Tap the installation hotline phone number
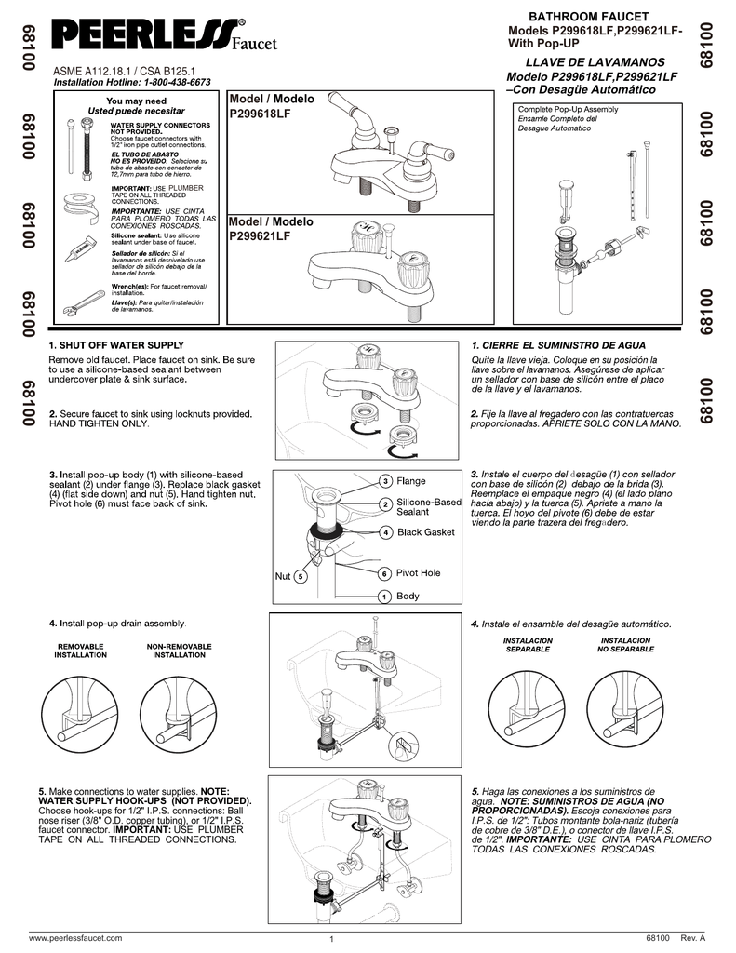(x=176, y=82)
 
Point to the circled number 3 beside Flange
(x=385, y=481)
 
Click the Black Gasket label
(x=425, y=532)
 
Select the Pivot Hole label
(x=418, y=573)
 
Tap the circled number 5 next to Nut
(x=300, y=577)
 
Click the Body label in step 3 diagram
(x=408, y=596)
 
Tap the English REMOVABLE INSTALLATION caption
(x=81, y=651)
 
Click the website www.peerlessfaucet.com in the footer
(x=75, y=937)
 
